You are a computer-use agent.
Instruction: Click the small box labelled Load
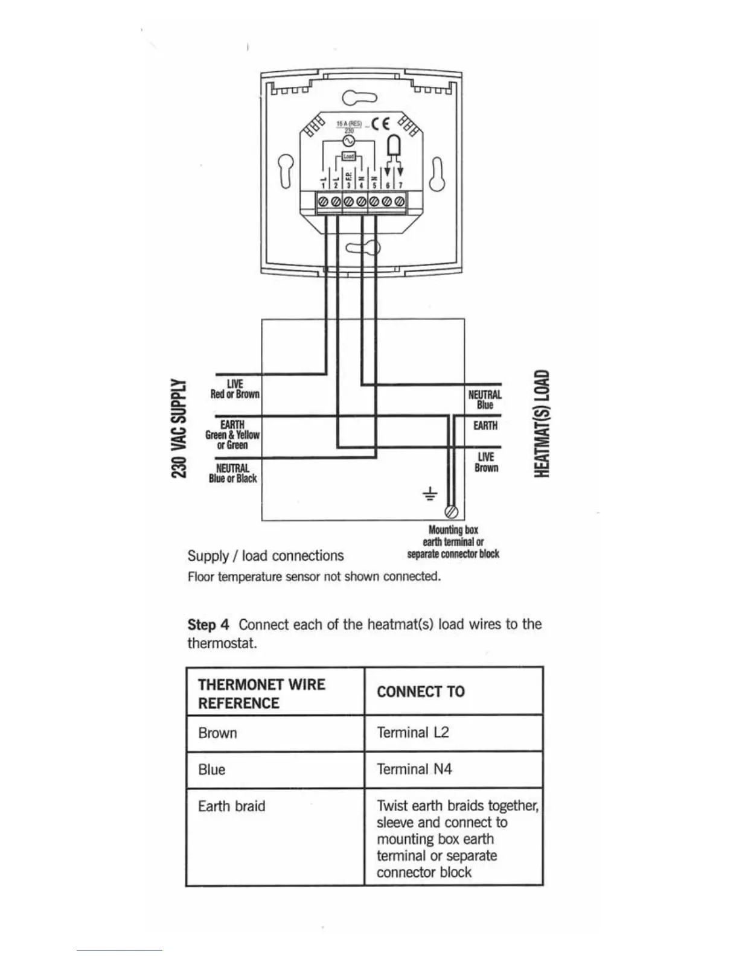[x=348, y=156]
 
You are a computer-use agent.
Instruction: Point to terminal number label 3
[x=348, y=186]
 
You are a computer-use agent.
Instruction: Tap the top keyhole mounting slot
[x=359, y=97]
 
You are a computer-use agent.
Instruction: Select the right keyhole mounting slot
[x=437, y=174]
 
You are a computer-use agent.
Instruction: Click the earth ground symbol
[x=429, y=496]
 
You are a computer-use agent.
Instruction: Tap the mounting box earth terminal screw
[x=451, y=511]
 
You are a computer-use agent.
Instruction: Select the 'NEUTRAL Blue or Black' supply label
[x=232, y=473]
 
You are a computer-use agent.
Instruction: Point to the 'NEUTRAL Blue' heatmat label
[x=485, y=400]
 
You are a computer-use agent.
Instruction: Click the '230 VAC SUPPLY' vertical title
[x=178, y=428]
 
